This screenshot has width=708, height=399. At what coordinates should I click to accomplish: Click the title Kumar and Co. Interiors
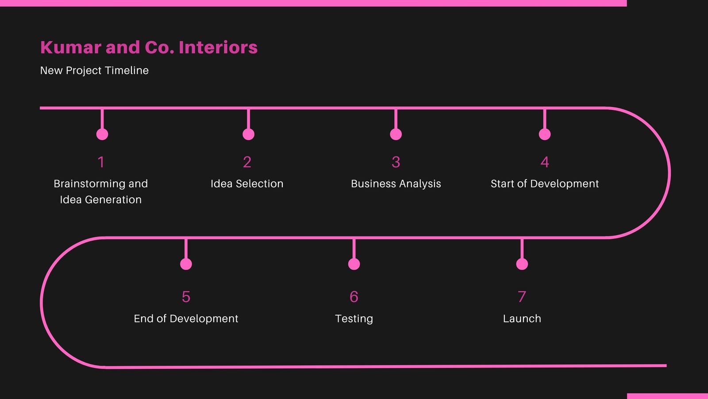pos(149,47)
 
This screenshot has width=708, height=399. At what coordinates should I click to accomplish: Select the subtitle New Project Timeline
pos(94,70)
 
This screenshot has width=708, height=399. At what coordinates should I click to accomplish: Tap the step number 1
pos(101,162)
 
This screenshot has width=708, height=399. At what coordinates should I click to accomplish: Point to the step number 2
pos(247,162)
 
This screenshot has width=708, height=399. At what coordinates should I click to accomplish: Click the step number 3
pos(396,162)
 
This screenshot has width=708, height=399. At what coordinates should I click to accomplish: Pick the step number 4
pos(545,162)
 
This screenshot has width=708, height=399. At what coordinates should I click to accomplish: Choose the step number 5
pos(186,297)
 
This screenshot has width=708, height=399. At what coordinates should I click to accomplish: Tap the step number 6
pos(354,297)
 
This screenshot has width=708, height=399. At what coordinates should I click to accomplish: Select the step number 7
pos(522,297)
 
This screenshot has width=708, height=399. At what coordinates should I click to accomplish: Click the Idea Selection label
pos(247,184)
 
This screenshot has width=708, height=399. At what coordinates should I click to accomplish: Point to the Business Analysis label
pos(396,184)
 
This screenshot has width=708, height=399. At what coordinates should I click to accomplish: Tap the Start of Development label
pos(545,184)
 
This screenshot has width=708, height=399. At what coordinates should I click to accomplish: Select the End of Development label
pos(186,319)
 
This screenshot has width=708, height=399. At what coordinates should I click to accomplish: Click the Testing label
pos(354,319)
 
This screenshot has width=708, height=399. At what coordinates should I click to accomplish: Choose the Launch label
pos(522,319)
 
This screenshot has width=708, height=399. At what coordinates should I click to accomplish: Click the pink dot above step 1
pos(102,134)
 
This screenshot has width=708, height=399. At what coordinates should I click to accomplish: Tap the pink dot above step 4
pos(545,134)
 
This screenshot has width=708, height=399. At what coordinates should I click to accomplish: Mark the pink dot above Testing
pos(354,264)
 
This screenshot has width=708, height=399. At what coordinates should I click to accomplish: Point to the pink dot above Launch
pos(522,264)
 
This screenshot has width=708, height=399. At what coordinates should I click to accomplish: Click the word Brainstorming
pos(89,184)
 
